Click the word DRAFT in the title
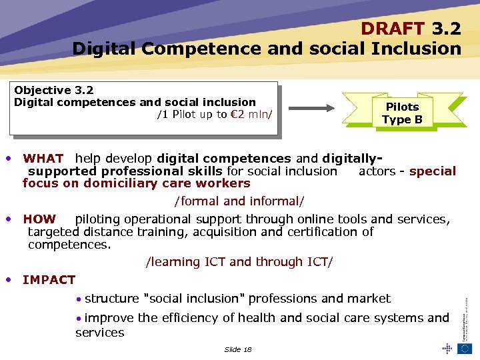393,29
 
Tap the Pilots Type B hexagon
402,113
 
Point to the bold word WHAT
43,159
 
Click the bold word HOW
39,219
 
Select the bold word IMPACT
49,280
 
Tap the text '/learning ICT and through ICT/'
239,262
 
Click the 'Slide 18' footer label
238,349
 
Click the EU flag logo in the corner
464,348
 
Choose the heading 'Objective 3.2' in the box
54,90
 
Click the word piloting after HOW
99,219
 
